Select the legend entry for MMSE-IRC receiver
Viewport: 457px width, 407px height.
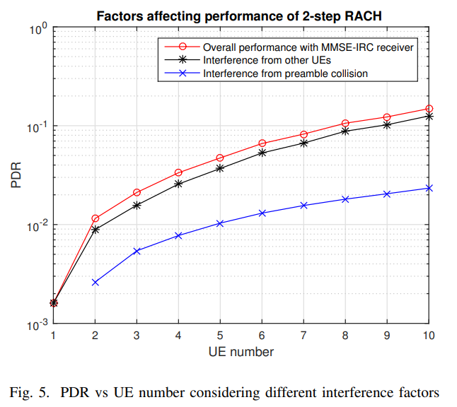click(308, 47)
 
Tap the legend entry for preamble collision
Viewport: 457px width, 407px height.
click(285, 73)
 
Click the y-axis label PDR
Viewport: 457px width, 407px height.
click(16, 176)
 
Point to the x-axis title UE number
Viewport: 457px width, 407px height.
click(241, 351)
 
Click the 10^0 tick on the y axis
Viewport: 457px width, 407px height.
click(37, 30)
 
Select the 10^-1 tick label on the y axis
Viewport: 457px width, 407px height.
click(37, 127)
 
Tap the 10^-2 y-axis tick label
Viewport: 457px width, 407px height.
click(37, 226)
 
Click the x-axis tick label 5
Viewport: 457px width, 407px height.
click(219, 335)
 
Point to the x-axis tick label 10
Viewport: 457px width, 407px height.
click(428, 335)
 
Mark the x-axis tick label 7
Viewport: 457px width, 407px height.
click(303, 335)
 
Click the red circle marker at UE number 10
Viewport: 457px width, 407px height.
click(428, 109)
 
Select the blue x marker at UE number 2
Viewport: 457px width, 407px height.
click(95, 282)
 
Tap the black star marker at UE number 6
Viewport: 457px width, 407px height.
click(262, 153)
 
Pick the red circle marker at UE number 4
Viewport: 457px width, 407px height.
click(178, 172)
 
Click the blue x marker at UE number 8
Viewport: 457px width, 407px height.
click(345, 199)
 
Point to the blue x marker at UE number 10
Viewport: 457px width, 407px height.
click(428, 188)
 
